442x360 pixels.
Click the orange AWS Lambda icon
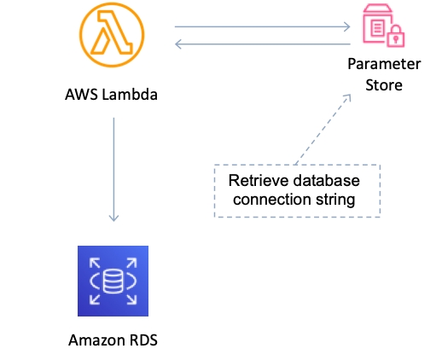[x=112, y=35]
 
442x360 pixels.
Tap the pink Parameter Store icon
[x=384, y=26]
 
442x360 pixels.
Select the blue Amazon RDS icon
[x=113, y=281]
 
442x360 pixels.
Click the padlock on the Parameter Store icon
[x=396, y=36]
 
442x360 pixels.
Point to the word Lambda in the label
[x=130, y=94]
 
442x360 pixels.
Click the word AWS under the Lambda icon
[x=82, y=95]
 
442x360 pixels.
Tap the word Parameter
[x=384, y=64]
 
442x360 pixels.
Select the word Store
[x=384, y=85]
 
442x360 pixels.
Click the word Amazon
[x=97, y=340]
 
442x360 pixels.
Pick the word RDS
[x=143, y=340]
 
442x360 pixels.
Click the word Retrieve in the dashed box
[x=259, y=181]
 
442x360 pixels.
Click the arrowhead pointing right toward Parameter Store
[x=347, y=26]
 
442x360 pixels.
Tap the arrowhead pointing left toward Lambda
[x=178, y=44]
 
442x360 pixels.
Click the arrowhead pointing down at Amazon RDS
[x=113, y=218]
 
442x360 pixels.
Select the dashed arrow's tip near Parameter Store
[x=351, y=96]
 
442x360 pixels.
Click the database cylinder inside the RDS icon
[x=113, y=282]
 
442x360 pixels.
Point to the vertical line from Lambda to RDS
[x=113, y=170]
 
